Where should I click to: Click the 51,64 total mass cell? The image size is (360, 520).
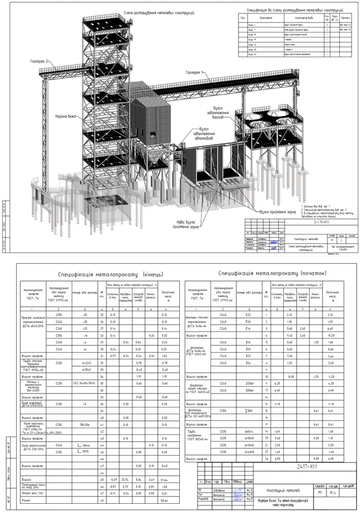click(x=165, y=480)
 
